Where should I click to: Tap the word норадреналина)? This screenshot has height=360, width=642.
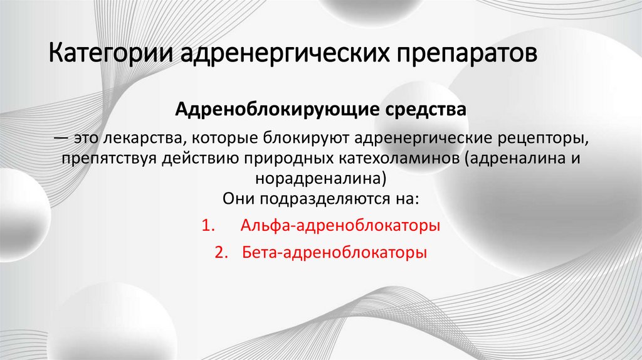pyautogui.click(x=320, y=178)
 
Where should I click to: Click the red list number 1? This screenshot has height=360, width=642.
pyautogui.click(x=208, y=226)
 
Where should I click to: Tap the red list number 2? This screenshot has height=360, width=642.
pyautogui.click(x=219, y=253)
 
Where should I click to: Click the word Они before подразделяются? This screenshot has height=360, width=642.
pyautogui.click(x=236, y=199)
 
